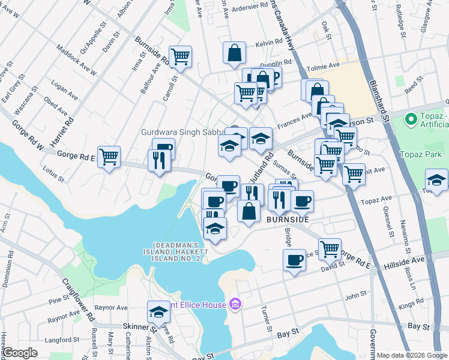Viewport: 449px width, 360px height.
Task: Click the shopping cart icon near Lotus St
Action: tap(109, 158)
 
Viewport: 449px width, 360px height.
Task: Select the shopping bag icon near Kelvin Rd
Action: tap(234, 53)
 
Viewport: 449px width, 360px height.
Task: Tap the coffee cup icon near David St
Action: tap(294, 260)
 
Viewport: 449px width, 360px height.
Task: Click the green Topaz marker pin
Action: tap(411, 118)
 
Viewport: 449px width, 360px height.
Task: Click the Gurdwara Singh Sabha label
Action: tap(181, 132)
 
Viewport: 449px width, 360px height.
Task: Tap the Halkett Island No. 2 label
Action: tap(174, 252)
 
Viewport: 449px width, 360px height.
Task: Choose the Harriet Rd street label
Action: tap(62, 130)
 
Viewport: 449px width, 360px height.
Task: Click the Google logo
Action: tap(20, 353)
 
